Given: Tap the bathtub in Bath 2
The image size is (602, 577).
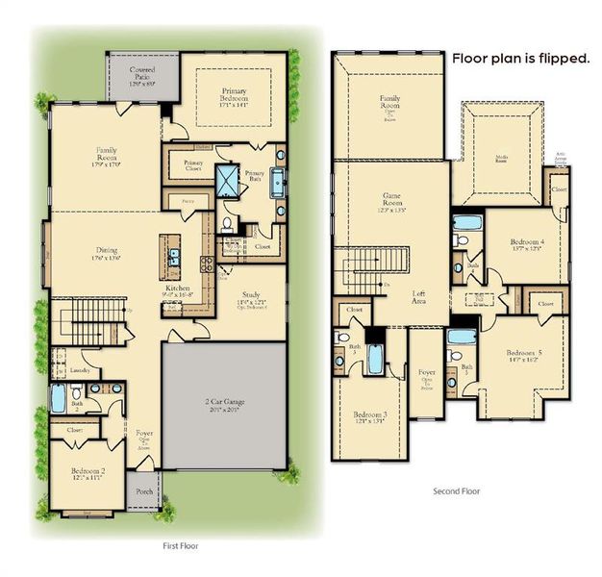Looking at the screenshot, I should (x=58, y=399).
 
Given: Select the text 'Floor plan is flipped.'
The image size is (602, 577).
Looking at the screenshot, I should (x=520, y=59).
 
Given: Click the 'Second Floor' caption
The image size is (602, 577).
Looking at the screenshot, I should (x=458, y=490).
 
